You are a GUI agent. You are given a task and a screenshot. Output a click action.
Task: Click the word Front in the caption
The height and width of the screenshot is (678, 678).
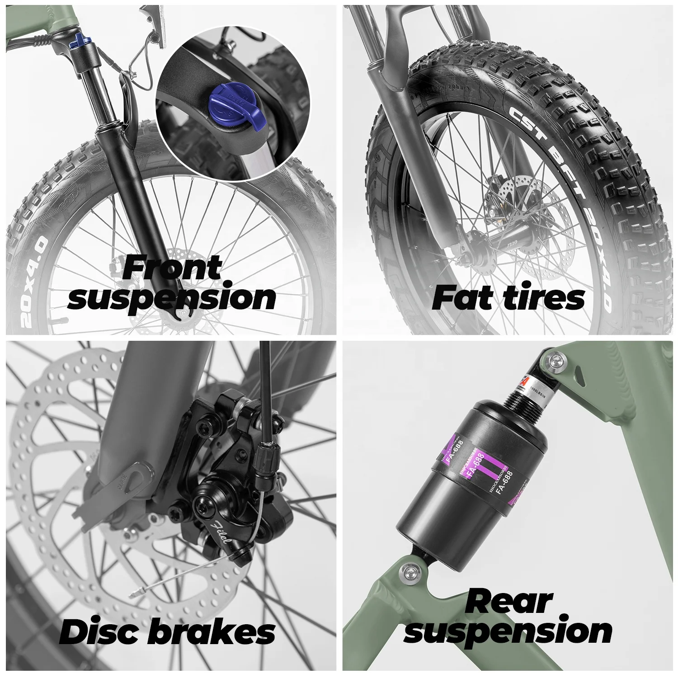pos(172,268)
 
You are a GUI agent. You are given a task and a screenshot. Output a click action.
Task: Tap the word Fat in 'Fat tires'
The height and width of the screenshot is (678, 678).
pos(461,298)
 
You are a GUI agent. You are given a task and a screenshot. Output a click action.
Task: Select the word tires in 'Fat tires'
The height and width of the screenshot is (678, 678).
pos(542,298)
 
